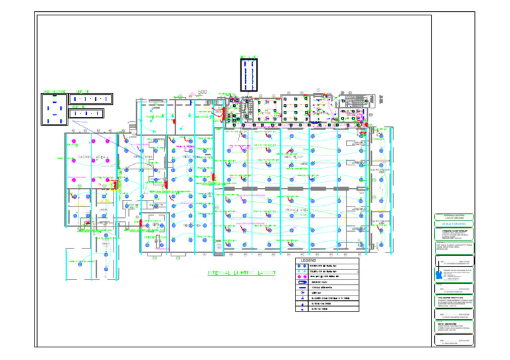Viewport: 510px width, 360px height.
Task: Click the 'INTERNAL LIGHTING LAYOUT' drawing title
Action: click(240, 273)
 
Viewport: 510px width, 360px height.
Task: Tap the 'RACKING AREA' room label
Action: click(92, 157)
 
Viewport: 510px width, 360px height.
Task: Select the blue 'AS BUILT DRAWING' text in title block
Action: click(454, 225)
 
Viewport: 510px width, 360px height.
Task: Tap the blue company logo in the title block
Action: click(438, 274)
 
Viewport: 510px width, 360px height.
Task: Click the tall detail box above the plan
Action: click(250, 74)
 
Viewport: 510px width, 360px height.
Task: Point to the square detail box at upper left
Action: click(54, 110)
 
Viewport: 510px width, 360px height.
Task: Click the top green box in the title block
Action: click(454, 217)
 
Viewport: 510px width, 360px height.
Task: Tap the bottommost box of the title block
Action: click(454, 341)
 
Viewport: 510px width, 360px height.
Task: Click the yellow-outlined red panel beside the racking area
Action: click(114, 185)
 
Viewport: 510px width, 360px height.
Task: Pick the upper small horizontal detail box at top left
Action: click(91, 99)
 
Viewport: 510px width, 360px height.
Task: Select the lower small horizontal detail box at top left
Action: click(87, 114)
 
